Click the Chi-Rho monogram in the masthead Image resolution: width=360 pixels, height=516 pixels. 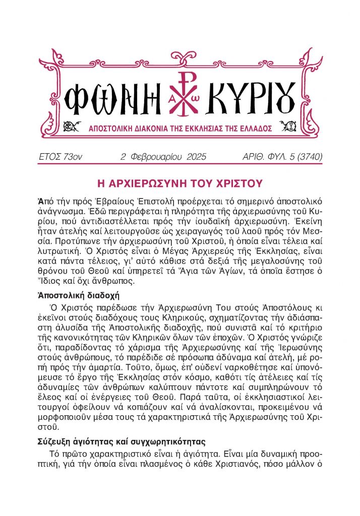coord(181,92)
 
